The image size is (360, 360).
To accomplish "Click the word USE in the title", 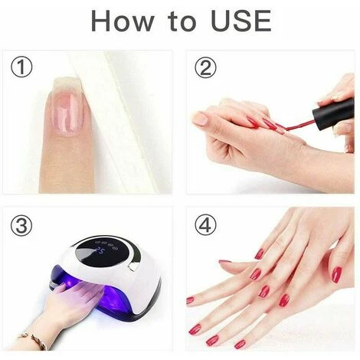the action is [241, 21].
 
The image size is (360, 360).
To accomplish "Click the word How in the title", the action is [123, 21].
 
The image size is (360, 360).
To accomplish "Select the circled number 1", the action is [21, 67].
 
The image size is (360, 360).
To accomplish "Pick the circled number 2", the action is [205, 67].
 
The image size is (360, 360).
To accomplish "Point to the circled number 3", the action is [21, 225].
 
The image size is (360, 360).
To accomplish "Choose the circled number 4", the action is [205, 225].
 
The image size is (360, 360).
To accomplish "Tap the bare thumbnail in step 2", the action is [201, 119].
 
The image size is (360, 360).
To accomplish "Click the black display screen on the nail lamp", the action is [107, 255].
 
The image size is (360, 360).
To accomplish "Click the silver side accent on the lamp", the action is [134, 266].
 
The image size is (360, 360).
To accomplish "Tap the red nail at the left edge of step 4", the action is [190, 300].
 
